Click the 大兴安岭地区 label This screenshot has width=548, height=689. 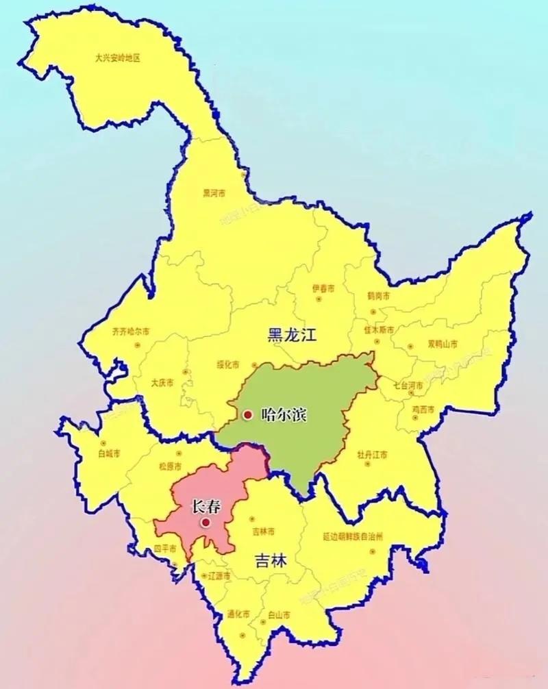point(117,58)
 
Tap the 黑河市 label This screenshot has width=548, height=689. point(214,193)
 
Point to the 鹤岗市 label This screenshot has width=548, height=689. point(378,297)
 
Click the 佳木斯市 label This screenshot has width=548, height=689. point(379,329)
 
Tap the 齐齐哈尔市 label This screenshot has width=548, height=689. point(130,331)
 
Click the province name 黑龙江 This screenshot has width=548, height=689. point(294,335)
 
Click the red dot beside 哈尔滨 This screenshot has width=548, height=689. point(247,414)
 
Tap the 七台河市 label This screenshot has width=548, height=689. point(408,386)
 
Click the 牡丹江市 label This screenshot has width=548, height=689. point(372,454)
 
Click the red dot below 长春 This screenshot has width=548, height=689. point(206,522)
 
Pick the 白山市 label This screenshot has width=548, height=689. point(279,614)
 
